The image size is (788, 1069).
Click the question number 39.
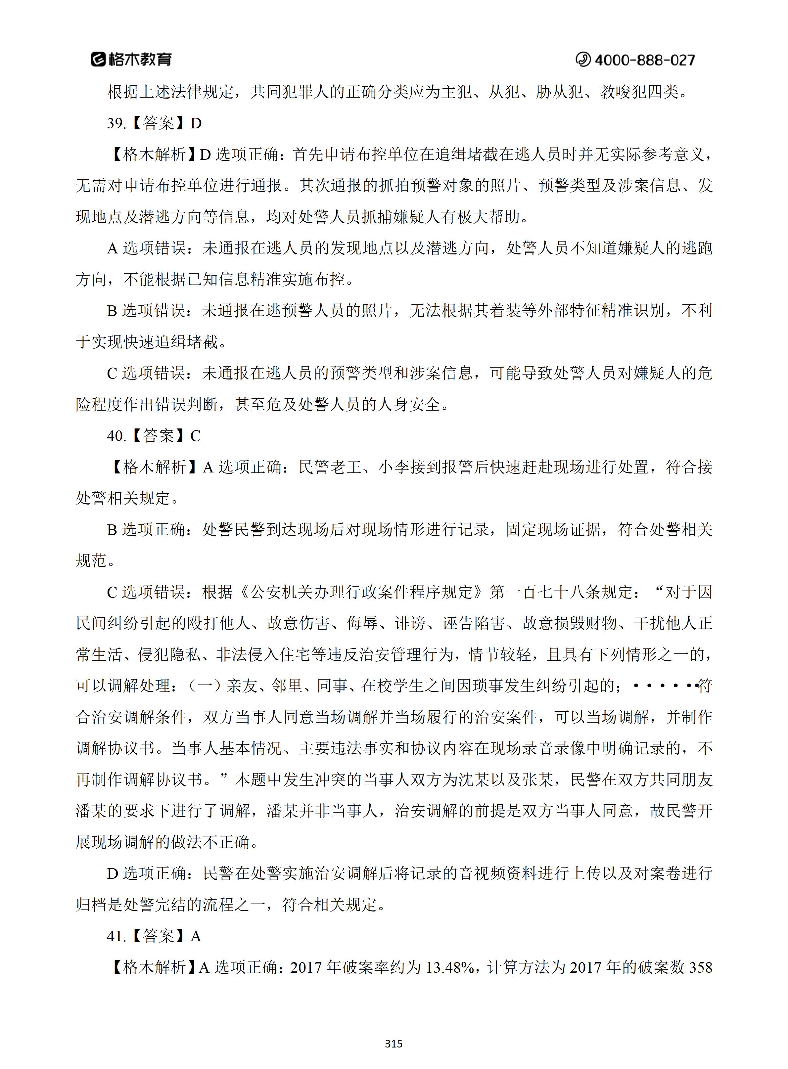(116, 123)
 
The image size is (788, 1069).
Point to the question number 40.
(116, 436)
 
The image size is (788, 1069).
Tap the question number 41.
(116, 936)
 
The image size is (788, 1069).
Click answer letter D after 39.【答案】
(196, 123)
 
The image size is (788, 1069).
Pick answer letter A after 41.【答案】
(196, 936)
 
